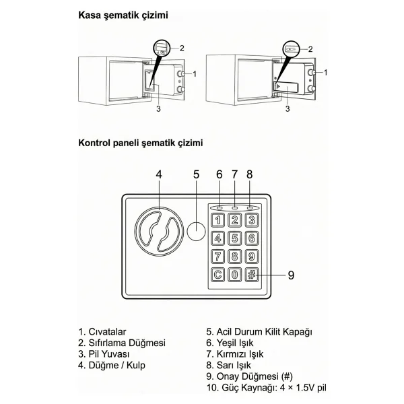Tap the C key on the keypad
pos(217,275)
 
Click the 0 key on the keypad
pos(235,275)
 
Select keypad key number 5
pos(235,238)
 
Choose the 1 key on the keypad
pos(217,220)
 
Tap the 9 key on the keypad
pos(252,257)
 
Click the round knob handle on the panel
pos(159,231)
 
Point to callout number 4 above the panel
pos(159,174)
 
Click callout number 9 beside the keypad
pos(291,275)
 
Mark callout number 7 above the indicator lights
pos(234,174)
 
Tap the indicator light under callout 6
pos(220,207)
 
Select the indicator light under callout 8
pos(250,207)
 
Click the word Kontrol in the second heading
pos(94,143)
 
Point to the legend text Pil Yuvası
pos(109,354)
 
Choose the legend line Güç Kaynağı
pos(267,388)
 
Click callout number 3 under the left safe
pos(158,109)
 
